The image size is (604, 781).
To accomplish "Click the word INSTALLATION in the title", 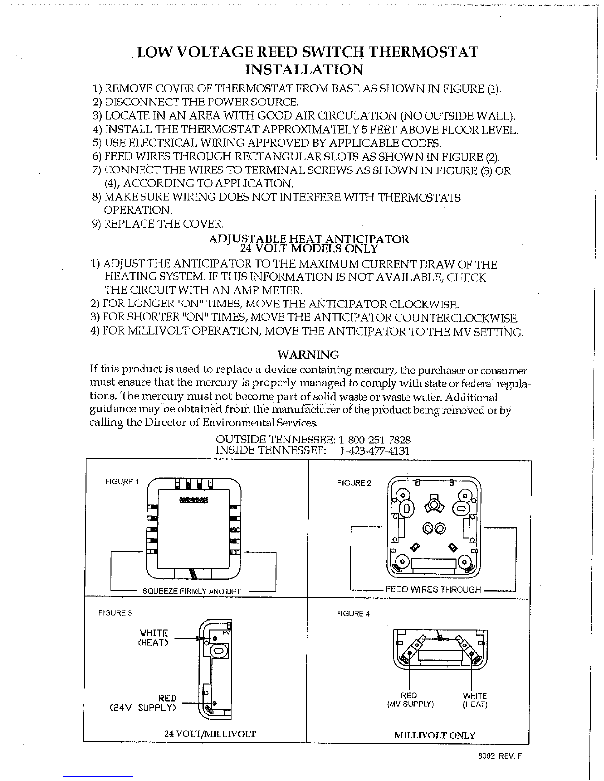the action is pyautogui.click(x=304, y=69).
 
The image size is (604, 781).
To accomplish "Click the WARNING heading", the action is pyautogui.click(x=308, y=355).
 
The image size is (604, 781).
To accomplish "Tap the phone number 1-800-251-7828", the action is pyautogui.click(x=375, y=440).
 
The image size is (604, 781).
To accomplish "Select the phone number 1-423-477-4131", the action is pyautogui.click(x=375, y=451).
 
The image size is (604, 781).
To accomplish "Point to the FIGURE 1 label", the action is pyautogui.click(x=121, y=482).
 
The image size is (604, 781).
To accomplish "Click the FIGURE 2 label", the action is pyautogui.click(x=354, y=483).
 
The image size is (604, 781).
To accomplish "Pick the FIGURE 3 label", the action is pyautogui.click(x=115, y=613).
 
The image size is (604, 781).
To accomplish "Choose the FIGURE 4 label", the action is pyautogui.click(x=353, y=614).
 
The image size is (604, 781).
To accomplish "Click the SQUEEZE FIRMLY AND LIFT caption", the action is pyautogui.click(x=192, y=591).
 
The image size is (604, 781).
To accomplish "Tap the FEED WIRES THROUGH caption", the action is pyautogui.click(x=433, y=589).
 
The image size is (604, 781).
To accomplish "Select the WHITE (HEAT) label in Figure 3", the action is pyautogui.click(x=153, y=638).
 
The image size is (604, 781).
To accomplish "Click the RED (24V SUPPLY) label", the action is pyautogui.click(x=142, y=703).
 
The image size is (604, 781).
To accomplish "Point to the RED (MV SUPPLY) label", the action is pyautogui.click(x=410, y=700).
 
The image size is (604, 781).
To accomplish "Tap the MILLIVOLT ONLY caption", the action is pyautogui.click(x=435, y=735).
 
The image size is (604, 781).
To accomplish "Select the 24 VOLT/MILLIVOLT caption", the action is pyautogui.click(x=211, y=734).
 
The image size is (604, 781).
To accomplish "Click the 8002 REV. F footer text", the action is pyautogui.click(x=500, y=756).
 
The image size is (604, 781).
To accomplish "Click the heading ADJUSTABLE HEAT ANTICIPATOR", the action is pyautogui.click(x=309, y=238).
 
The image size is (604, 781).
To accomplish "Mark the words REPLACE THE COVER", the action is pyautogui.click(x=164, y=224).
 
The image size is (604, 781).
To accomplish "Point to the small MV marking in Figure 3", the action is pyautogui.click(x=226, y=633).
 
